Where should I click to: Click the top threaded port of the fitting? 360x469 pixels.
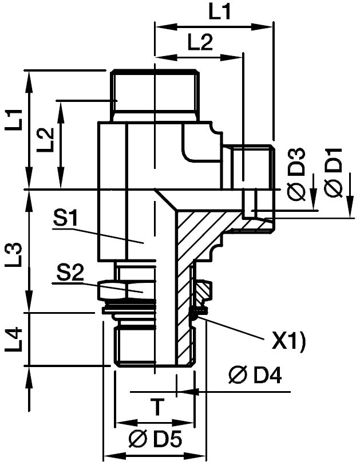pyautogui.click(x=155, y=94)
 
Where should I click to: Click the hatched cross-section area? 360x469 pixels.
pyautogui.click(x=192, y=235)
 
